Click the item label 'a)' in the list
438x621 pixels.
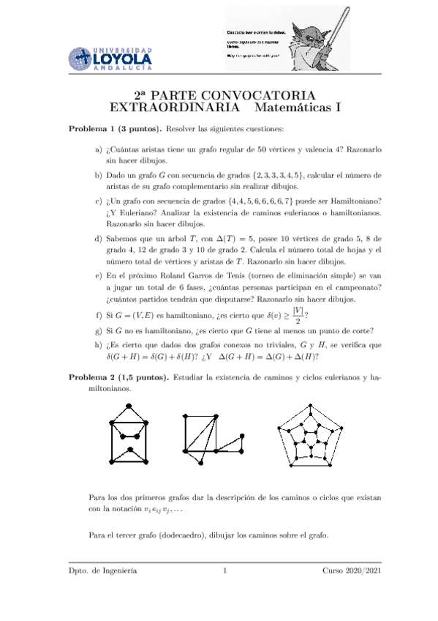(99, 149)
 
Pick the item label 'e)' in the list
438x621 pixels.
(99, 278)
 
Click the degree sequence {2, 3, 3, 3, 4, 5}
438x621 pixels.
(270, 175)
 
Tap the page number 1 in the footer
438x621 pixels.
(226, 570)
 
